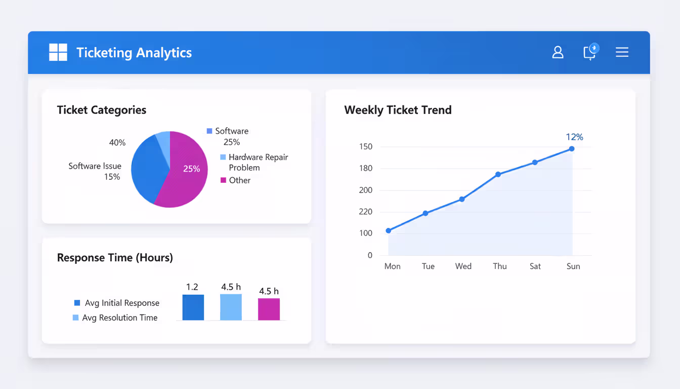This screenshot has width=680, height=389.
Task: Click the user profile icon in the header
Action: (x=558, y=52)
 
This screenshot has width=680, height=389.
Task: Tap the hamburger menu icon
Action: (x=622, y=52)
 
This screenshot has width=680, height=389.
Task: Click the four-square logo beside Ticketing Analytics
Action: (x=58, y=52)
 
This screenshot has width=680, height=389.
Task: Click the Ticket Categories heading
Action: (x=101, y=110)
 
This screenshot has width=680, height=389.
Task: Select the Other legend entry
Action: (x=235, y=180)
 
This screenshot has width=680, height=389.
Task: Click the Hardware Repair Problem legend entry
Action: (x=254, y=162)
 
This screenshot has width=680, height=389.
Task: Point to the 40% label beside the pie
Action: (x=117, y=143)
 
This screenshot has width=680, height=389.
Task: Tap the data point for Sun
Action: (x=572, y=148)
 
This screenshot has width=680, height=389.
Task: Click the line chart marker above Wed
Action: (x=462, y=199)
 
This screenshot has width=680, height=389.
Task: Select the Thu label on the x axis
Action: (x=500, y=266)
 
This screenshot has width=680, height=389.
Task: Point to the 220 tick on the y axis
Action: (x=365, y=212)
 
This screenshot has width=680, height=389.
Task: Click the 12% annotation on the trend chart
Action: (x=574, y=137)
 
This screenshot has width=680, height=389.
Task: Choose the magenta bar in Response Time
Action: (x=269, y=309)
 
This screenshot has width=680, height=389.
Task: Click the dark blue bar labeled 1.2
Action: (x=193, y=307)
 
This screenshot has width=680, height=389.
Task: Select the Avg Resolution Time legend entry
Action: (x=115, y=318)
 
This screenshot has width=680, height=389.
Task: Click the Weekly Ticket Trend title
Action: (x=398, y=110)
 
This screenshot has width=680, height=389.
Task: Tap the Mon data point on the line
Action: (x=389, y=230)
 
